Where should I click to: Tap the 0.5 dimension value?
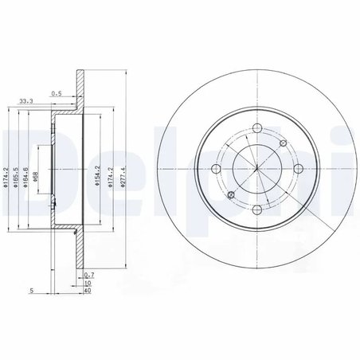click(x=57, y=93)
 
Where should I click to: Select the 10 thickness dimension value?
click(x=88, y=282)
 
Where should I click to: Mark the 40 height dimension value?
click(x=88, y=290)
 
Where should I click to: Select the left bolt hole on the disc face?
click(x=217, y=168)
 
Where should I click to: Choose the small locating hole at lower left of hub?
click(x=230, y=195)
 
